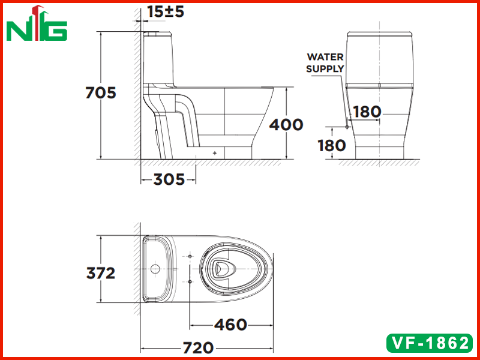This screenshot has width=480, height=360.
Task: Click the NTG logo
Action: click(x=37, y=23)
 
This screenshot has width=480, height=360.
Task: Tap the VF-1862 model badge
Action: click(x=430, y=343)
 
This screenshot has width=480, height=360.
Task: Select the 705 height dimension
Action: click(x=101, y=92)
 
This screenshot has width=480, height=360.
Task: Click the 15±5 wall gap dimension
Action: click(x=166, y=11)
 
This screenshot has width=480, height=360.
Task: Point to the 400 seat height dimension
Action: click(x=286, y=125)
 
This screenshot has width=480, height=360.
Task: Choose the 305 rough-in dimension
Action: click(x=169, y=179)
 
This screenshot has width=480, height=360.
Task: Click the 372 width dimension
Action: click(x=101, y=273)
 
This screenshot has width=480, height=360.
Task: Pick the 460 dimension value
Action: click(x=230, y=325)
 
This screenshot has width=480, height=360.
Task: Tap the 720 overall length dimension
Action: click(x=199, y=348)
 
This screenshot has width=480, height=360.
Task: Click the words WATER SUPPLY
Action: click(x=325, y=63)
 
